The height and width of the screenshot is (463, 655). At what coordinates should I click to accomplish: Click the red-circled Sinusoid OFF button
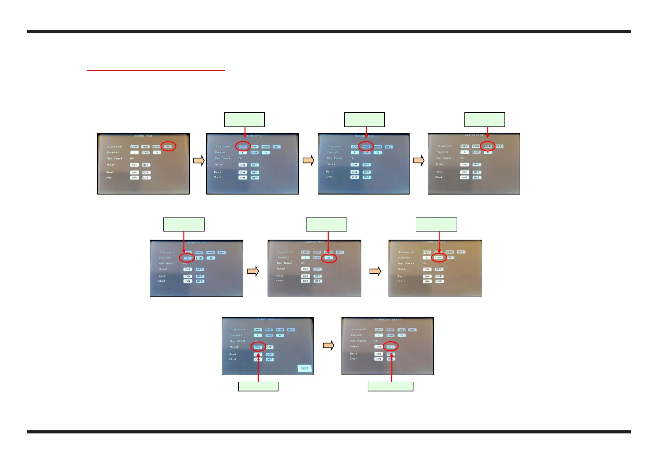click(168, 146)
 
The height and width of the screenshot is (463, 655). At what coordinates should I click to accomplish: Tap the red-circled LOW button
click(243, 147)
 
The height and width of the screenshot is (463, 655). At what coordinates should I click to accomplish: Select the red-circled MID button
click(366, 146)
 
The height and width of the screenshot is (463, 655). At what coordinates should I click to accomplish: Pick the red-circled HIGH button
click(487, 146)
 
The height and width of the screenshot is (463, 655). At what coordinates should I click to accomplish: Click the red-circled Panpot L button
click(187, 258)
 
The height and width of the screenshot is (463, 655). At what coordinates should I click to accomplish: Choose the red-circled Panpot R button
click(329, 258)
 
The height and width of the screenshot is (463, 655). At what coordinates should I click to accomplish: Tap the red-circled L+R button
click(438, 258)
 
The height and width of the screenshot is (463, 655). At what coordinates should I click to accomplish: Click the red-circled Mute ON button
click(258, 347)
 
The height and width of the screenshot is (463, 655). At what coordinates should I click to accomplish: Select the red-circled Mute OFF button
click(391, 347)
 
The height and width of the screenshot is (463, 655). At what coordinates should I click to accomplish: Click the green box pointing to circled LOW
click(244, 119)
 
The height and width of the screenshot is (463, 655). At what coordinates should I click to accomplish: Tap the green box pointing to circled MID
click(364, 119)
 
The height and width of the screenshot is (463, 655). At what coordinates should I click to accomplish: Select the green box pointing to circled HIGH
click(485, 119)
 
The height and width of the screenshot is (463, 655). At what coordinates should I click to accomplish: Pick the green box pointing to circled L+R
click(436, 224)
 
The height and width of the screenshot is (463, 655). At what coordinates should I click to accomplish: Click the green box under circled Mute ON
click(258, 386)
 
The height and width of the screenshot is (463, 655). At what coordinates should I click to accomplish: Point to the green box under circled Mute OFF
click(391, 386)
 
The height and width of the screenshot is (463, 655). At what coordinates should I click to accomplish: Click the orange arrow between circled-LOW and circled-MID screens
click(308, 160)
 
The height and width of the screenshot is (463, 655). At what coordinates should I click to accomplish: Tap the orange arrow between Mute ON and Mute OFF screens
click(329, 345)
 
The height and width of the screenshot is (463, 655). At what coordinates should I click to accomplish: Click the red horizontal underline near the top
click(156, 70)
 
